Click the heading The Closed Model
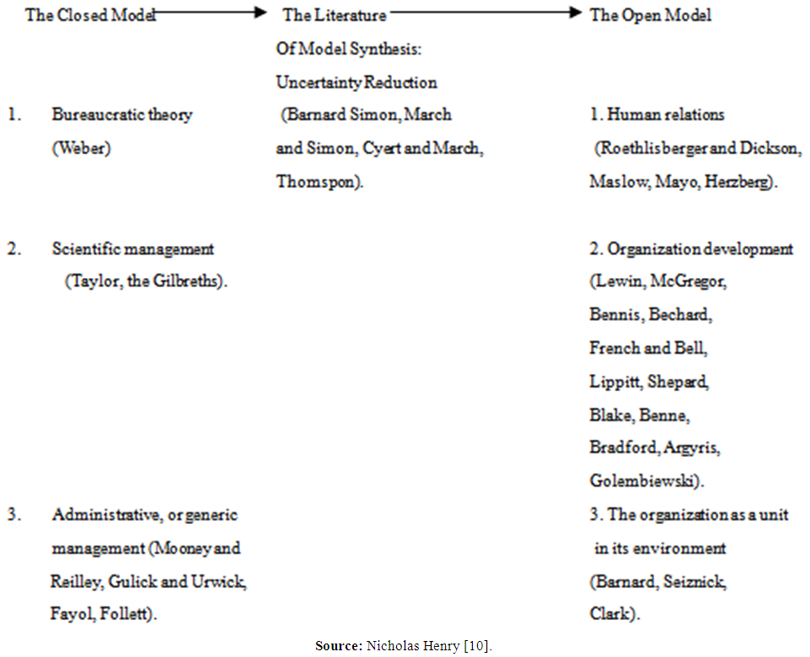tap(90, 15)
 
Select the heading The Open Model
tap(650, 15)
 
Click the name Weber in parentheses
tap(81, 148)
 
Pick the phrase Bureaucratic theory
tap(121, 115)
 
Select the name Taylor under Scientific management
tap(94, 282)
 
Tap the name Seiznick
tap(695, 581)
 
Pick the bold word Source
tap(338, 646)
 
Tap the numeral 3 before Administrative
tap(13, 515)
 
